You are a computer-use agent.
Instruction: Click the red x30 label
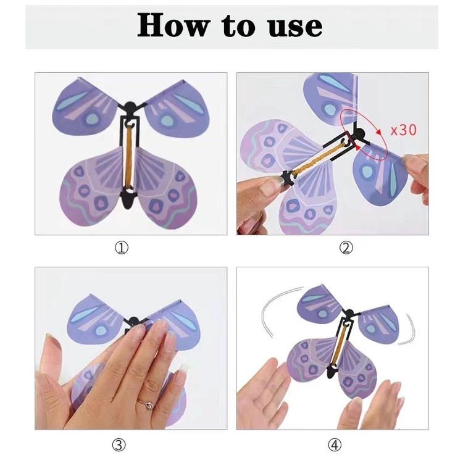[x=403, y=130]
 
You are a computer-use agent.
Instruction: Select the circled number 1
[x=122, y=248]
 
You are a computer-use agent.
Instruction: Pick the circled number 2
[x=346, y=248]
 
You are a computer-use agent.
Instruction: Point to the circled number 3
[x=119, y=444]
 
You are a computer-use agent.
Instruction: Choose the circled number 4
[x=335, y=444]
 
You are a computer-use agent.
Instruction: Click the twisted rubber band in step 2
[x=319, y=158]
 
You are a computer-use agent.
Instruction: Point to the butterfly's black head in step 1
[x=130, y=106]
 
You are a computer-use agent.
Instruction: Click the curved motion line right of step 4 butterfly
[x=411, y=331]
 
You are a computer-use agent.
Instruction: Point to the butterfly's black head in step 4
[x=349, y=312]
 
